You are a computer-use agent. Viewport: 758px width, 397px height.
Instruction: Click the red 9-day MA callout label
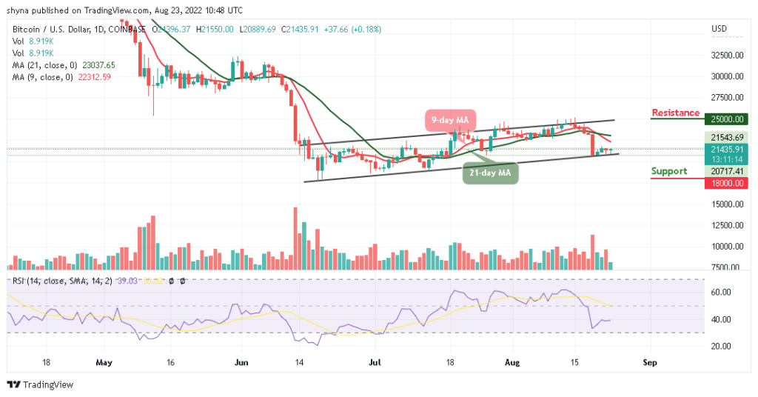450,119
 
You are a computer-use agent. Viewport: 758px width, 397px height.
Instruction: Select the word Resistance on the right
675,113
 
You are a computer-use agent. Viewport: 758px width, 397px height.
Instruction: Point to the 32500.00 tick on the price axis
728,55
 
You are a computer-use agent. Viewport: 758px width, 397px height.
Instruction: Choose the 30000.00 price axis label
728,76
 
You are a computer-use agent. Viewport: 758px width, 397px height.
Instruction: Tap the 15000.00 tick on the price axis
728,204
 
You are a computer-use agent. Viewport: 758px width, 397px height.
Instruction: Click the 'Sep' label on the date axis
650,364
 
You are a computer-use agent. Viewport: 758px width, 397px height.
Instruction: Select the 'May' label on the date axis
104,364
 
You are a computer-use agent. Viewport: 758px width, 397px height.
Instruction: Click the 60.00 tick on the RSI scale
722,292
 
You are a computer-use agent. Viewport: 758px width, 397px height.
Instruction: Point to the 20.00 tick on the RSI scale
722,346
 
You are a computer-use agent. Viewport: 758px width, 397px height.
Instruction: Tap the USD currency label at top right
719,28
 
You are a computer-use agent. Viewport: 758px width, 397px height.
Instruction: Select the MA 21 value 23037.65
93,65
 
